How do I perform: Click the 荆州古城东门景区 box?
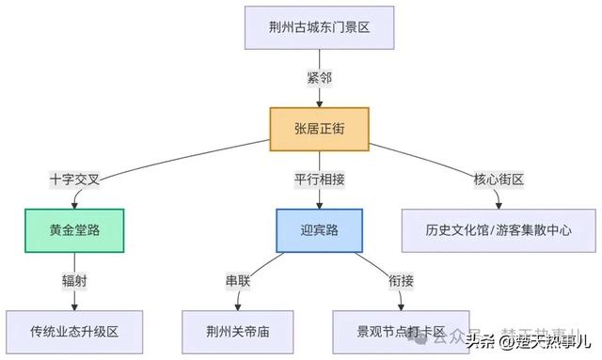click(x=319, y=28)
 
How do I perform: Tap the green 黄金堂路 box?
click(x=74, y=230)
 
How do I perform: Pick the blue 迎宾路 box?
click(x=319, y=230)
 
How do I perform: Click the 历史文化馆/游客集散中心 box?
click(x=499, y=230)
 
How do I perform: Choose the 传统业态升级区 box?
click(x=74, y=332)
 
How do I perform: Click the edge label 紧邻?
click(x=319, y=78)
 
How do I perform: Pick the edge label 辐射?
click(x=74, y=281)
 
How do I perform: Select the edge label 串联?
click(x=236, y=281)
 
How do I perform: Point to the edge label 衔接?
click(x=402, y=281)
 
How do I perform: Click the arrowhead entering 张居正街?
click(x=319, y=102)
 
